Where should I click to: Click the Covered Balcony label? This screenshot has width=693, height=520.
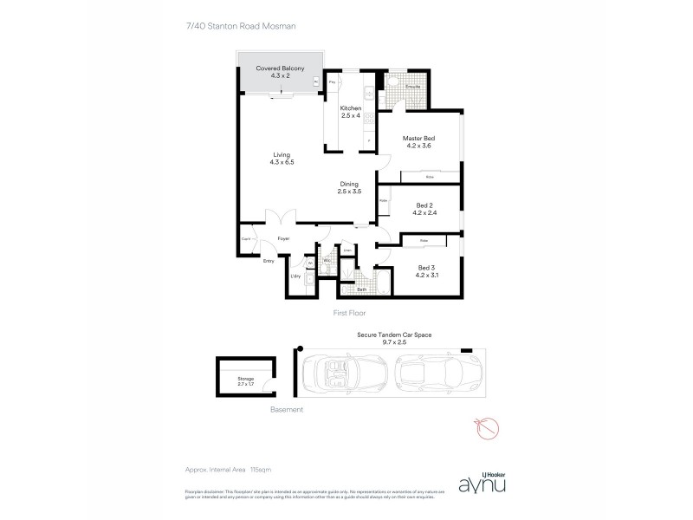coord(277,70)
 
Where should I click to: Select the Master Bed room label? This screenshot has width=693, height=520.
coord(418,142)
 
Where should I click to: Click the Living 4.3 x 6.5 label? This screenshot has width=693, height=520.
coord(282,159)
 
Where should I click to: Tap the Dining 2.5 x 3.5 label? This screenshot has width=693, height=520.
coord(349,187)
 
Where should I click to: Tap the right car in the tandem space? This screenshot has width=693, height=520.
coord(431,374)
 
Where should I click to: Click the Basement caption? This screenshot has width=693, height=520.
coord(286,409)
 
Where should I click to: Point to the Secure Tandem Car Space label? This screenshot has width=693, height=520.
coord(394,337)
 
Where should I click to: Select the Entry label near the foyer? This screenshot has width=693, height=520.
coord(269,260)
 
